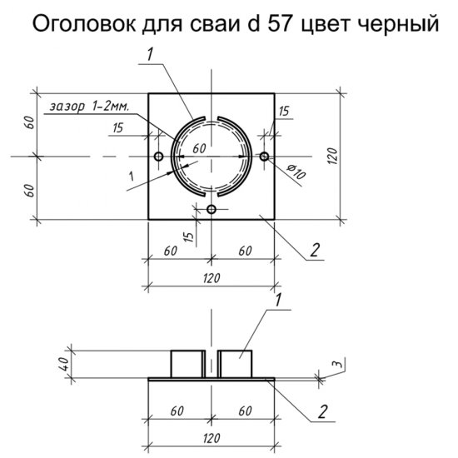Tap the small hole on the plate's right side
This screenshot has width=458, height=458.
coord(265,157)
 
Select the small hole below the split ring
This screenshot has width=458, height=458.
coord(212,208)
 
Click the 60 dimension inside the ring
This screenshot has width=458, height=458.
coord(199,147)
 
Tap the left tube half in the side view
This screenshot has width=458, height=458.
coord(187,364)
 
